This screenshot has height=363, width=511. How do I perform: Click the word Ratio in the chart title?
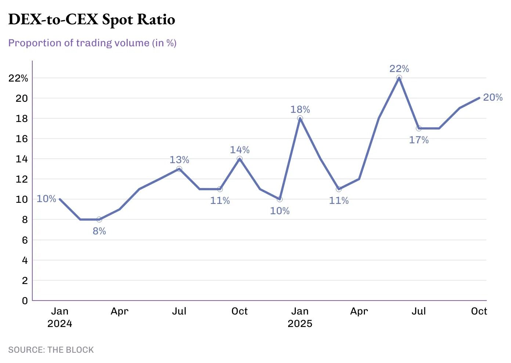[x=156, y=19]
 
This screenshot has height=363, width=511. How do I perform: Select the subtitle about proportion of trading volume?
[x=92, y=43]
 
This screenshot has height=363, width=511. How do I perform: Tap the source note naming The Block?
[x=51, y=350]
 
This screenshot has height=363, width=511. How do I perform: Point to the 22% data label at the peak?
[x=399, y=69]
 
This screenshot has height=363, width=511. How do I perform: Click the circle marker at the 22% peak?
[x=399, y=78]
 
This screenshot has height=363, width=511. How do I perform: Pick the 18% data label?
[x=300, y=109]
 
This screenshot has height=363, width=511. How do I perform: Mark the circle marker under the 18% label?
[x=300, y=118]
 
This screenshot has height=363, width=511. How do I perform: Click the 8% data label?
[x=99, y=231]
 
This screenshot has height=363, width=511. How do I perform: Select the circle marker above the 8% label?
[x=99, y=219]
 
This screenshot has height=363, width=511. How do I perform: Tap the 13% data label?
[x=179, y=160]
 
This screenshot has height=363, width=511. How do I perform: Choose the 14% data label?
[x=240, y=150]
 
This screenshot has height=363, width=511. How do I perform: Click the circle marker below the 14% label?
[x=240, y=159]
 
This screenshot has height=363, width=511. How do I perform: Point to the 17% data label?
[x=419, y=140]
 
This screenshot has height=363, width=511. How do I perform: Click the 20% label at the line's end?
[x=493, y=97]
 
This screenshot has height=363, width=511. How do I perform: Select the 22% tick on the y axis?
[x=18, y=78]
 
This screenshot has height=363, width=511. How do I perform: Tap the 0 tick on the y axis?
[x=25, y=301]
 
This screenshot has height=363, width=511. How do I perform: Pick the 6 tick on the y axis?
[x=25, y=240]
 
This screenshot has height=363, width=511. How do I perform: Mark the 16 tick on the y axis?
[x=22, y=139]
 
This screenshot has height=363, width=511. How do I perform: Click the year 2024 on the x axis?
[x=59, y=324]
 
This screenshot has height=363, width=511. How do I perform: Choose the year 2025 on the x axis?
[x=300, y=324]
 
